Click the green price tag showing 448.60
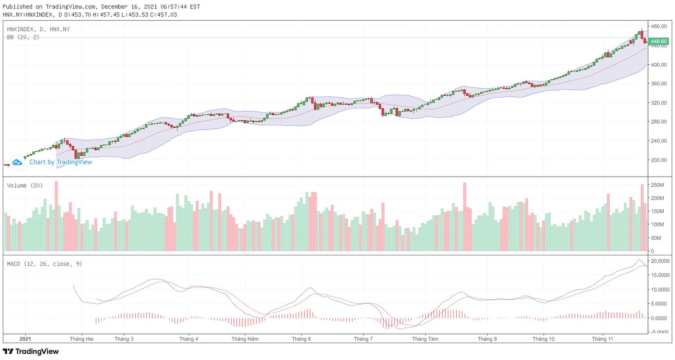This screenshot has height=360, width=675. [658, 42]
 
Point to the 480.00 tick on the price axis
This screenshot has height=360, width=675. [659, 26]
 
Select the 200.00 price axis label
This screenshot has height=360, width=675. [659, 160]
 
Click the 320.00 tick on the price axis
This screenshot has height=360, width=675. [659, 103]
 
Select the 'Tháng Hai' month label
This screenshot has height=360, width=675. [82, 339]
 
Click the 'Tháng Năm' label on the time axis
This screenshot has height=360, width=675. [245, 339]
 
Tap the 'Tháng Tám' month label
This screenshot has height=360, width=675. [425, 339]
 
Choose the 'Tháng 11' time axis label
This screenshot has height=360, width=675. [602, 339]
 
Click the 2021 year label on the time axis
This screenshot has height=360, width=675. [25, 339]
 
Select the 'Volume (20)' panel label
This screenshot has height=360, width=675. [25, 185]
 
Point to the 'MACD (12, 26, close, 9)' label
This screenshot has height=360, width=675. [44, 264]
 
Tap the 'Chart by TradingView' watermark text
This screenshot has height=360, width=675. [61, 162]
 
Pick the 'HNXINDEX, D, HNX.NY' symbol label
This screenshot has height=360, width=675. [38, 29]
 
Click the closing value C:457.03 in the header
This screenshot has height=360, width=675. [176, 15]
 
